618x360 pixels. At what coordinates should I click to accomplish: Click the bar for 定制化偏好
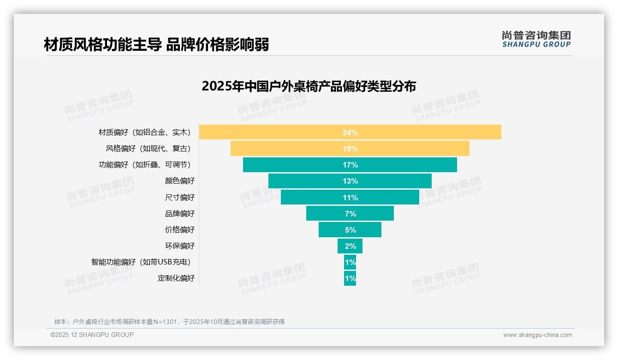tap(350, 278)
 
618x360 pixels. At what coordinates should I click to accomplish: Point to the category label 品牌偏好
tap(180, 214)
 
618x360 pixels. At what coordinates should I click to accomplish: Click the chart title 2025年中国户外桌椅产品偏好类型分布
tap(309, 86)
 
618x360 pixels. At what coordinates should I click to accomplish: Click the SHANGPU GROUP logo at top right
tap(536, 39)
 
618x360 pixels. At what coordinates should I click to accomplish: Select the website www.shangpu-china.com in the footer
tap(537, 335)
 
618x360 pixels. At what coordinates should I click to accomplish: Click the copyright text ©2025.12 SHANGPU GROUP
tap(92, 335)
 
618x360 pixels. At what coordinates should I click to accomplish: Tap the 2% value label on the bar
tap(350, 246)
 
